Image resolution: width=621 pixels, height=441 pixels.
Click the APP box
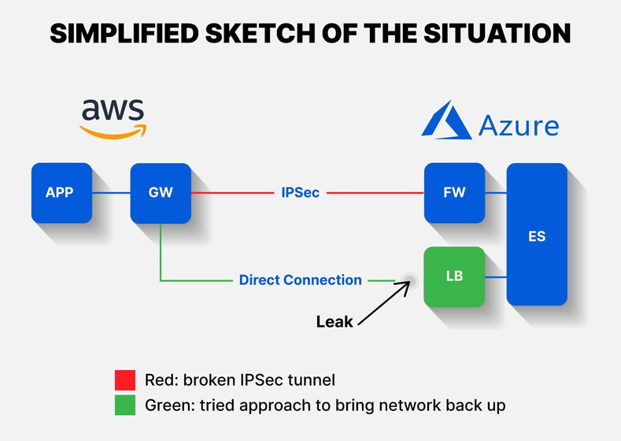coord(61,193)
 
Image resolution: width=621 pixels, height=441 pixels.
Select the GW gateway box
coord(161,194)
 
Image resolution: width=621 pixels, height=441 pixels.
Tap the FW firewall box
coord(454,193)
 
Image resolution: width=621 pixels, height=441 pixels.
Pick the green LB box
coord(454,277)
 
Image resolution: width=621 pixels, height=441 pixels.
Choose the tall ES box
coord(537,234)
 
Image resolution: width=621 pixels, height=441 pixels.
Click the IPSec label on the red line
coord(300,193)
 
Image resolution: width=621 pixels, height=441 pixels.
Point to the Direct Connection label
coord(300,280)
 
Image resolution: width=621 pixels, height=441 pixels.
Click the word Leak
coord(335,322)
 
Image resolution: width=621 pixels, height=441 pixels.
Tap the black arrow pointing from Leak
coord(384,303)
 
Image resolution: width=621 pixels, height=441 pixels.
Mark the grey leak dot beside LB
coord(410,281)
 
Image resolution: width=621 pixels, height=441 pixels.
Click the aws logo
coord(113,119)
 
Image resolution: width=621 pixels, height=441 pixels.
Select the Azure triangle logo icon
coord(447,120)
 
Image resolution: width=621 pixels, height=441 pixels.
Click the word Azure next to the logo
coord(519,125)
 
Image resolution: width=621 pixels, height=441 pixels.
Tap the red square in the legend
coord(125,380)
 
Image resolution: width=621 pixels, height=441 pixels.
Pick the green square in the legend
coord(125,405)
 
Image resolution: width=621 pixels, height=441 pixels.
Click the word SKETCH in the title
coord(262,33)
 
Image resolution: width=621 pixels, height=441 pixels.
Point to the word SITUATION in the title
coord(497,33)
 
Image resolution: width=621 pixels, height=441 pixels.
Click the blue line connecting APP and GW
coord(111,193)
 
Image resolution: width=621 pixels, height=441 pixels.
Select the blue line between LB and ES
coord(496,277)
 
